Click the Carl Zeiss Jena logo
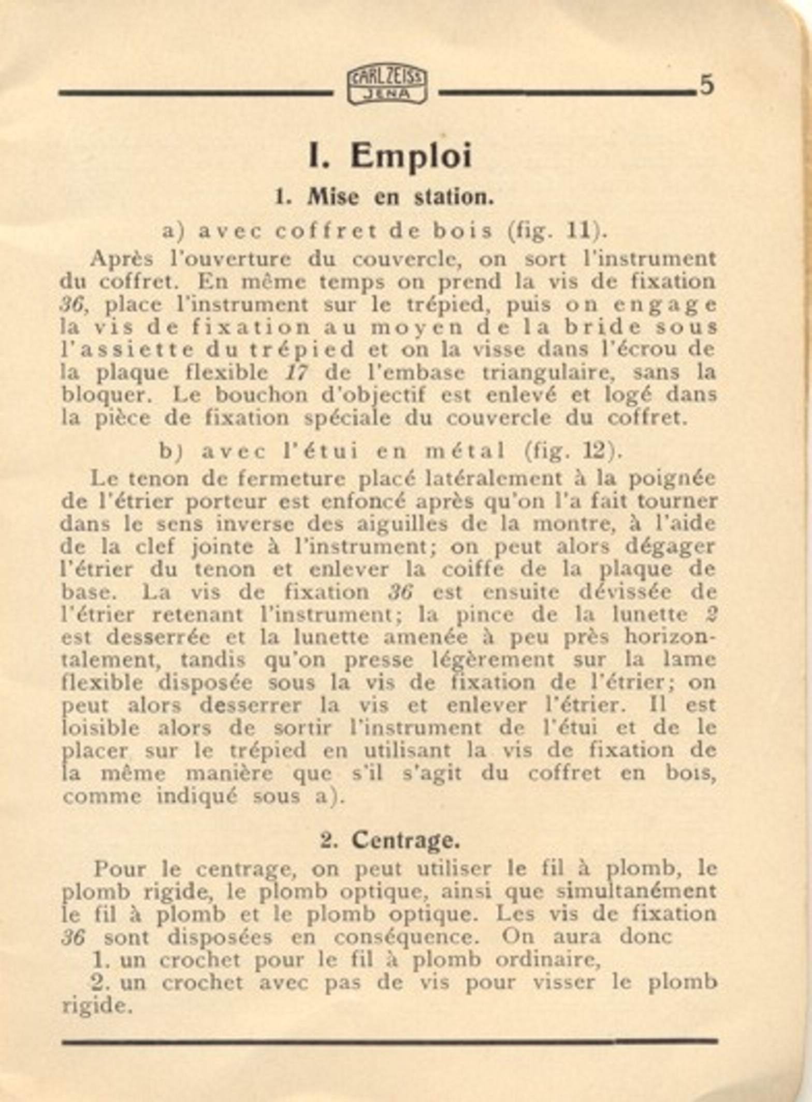(387, 86)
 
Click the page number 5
(706, 85)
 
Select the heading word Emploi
(411, 156)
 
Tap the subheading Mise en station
(400, 197)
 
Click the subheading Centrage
(405, 840)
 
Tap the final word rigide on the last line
(95, 1006)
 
